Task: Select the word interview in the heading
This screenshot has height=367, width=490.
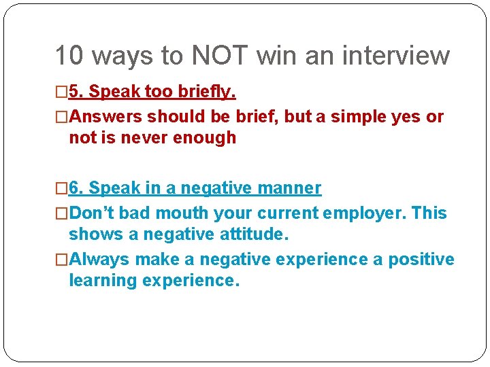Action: pyautogui.click(x=390, y=56)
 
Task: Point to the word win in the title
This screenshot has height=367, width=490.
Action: pyautogui.click(x=277, y=56)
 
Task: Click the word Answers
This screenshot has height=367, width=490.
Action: pyautogui.click(x=105, y=116)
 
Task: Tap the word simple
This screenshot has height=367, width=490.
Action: pyautogui.click(x=351, y=116)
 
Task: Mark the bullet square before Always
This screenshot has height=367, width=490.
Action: pyautogui.click(x=62, y=260)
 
